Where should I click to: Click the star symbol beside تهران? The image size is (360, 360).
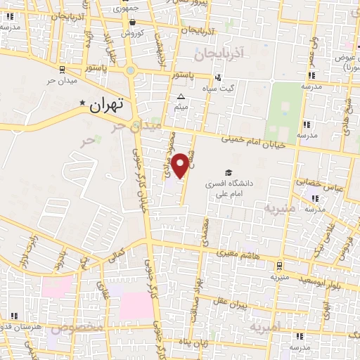pos(83,103)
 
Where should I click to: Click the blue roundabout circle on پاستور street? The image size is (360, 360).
pos(130,70)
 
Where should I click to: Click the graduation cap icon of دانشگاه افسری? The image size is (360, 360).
pos(229,172)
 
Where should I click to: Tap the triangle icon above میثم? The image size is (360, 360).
pos(181,97)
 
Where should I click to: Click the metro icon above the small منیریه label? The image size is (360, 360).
pos(280,266)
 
